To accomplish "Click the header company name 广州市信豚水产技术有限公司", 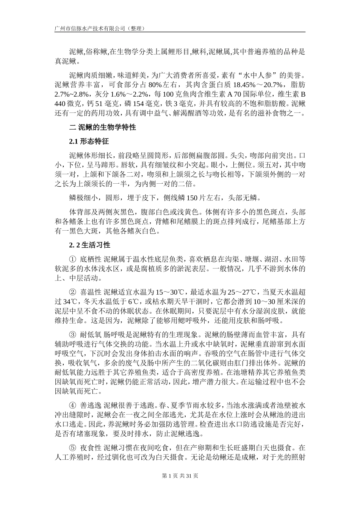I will click(90, 28).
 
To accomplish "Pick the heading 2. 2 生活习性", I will click(90, 245).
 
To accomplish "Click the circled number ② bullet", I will click(72, 292).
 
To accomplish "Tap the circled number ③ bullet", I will click(72, 335).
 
